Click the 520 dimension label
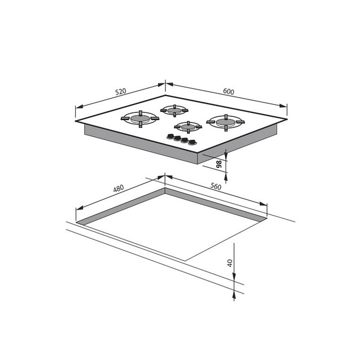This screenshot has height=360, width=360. coord(121,91)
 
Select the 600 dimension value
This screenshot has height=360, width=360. coord(229,91)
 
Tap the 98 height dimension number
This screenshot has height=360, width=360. coord(219,164)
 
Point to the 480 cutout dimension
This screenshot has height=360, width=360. coord(119,188)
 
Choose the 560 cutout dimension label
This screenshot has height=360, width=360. coord(216,186)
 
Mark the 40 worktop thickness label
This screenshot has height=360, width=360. coord(230,263)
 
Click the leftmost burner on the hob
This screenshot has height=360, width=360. coord(140,119)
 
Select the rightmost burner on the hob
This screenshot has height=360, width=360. coord(226,123)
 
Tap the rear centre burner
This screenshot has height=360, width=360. coord(175,110)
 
